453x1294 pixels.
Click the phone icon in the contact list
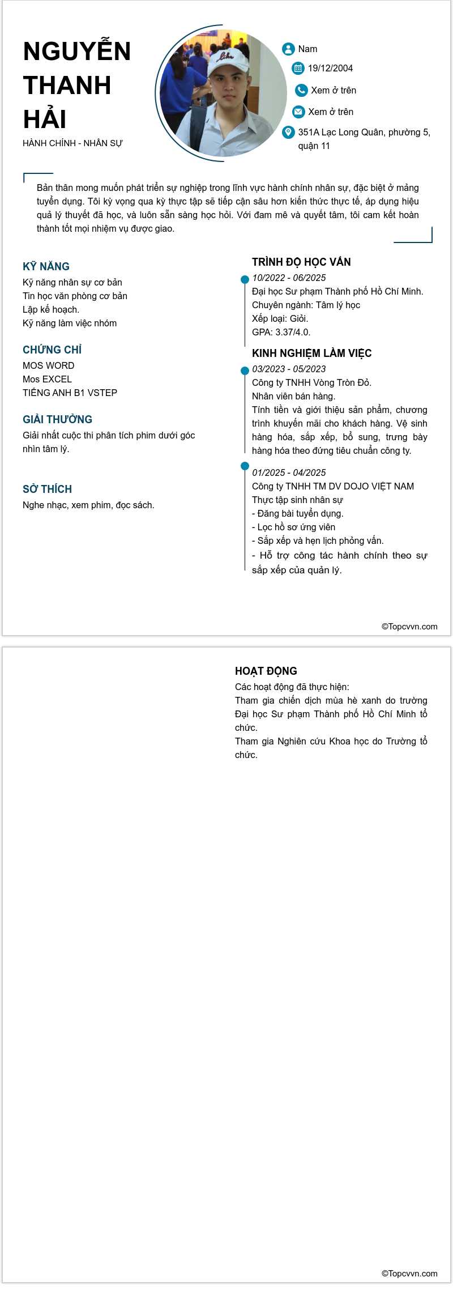click(x=301, y=90)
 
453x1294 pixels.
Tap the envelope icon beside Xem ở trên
click(x=298, y=112)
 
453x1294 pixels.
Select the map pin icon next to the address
click(x=288, y=132)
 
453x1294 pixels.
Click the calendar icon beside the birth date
click(x=298, y=68)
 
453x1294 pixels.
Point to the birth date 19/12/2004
click(x=330, y=69)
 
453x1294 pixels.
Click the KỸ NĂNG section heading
click(x=46, y=266)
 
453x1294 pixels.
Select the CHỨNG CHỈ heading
click(x=52, y=350)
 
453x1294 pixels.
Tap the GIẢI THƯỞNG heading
click(x=57, y=419)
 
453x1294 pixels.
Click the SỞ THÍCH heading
click(x=47, y=489)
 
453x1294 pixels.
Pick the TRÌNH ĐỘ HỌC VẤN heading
click(x=301, y=262)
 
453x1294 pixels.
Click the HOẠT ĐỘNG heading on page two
click(x=266, y=671)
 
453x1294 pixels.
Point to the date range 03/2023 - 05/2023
click(x=289, y=369)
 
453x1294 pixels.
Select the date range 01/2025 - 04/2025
click(x=289, y=473)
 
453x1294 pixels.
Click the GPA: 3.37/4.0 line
click(x=281, y=333)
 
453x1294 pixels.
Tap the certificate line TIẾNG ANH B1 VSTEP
click(x=70, y=393)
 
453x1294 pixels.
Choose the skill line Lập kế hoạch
click(x=51, y=310)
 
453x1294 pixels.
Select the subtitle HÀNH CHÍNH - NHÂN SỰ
click(x=72, y=143)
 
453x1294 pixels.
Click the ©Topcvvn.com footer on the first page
click(x=409, y=627)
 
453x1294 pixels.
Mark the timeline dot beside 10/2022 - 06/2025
click(x=245, y=279)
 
